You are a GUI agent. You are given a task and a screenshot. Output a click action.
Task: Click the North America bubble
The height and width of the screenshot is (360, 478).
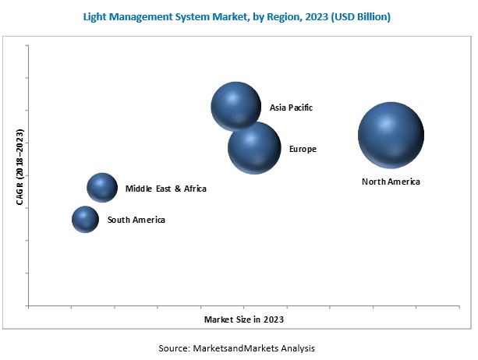391,135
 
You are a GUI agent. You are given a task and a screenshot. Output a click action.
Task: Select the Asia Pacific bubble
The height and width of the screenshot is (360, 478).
235,106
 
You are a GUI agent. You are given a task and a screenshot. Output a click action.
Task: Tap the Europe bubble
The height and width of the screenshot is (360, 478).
254,147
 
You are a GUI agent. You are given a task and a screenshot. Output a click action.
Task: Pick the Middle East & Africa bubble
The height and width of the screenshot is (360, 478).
101,187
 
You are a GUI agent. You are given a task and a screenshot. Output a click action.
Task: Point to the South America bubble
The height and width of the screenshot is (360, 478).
85,220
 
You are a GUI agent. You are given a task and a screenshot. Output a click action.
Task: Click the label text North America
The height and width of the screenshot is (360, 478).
391,182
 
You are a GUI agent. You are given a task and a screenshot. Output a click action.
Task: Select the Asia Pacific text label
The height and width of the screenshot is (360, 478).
291,108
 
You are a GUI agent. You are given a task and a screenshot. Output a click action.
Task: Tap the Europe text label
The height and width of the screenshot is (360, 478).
303,149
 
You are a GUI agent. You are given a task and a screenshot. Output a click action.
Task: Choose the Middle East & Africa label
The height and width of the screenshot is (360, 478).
166,189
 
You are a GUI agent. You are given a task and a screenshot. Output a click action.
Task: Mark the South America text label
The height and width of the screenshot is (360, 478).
136,221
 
